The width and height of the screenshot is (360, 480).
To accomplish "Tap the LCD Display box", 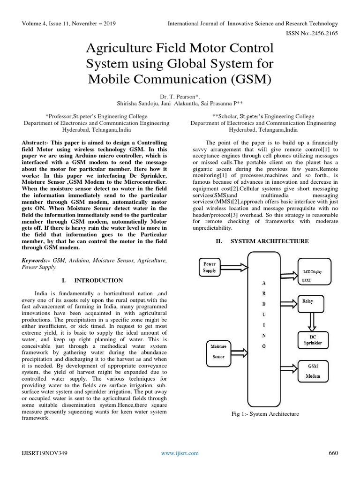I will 314,271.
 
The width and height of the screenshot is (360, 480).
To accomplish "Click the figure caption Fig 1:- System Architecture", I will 265,413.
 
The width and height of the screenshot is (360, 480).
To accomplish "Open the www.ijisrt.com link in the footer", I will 180,453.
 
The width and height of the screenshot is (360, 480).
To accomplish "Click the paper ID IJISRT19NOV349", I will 44,453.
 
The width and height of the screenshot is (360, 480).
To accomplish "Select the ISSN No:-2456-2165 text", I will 312,33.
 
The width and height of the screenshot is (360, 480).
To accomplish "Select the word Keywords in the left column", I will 36,260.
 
